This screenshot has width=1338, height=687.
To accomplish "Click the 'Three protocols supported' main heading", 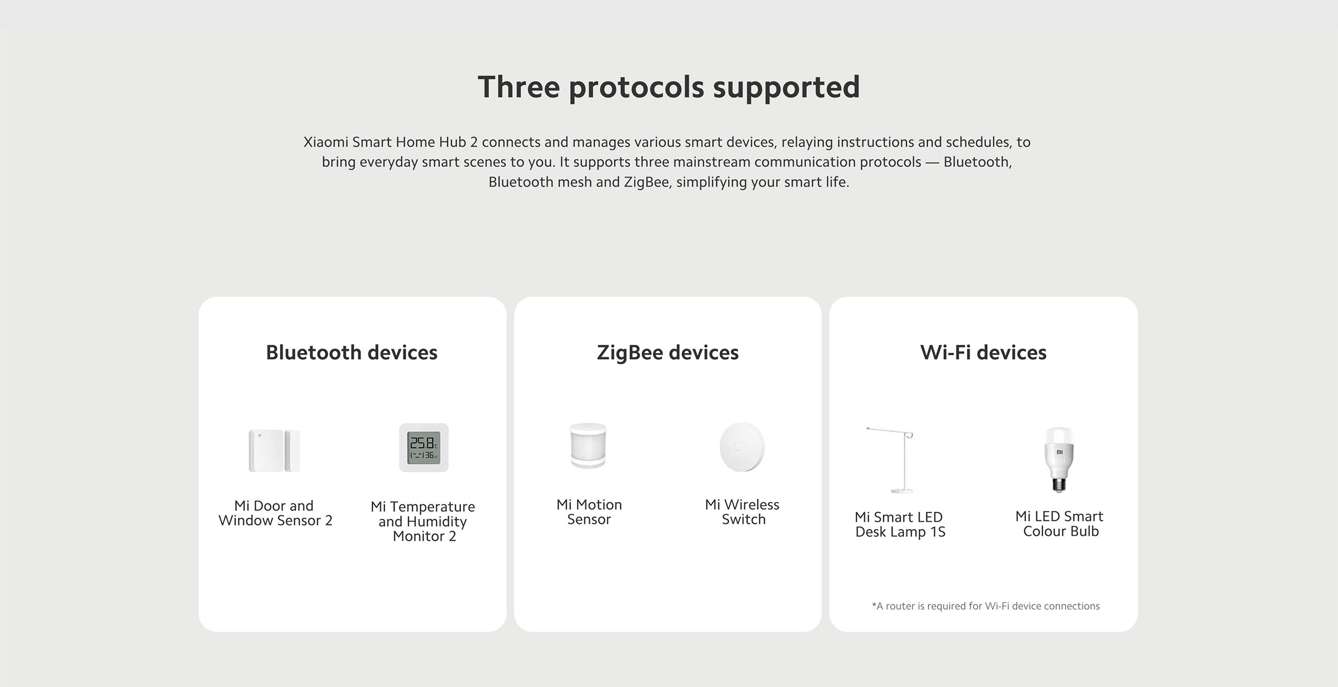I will (668, 87).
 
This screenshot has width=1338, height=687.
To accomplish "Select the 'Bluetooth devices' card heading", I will (352, 353).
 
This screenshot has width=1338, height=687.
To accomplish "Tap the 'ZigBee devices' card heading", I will (667, 353).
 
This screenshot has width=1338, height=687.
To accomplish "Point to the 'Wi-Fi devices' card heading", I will (983, 353).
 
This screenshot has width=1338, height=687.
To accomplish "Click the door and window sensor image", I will (274, 450).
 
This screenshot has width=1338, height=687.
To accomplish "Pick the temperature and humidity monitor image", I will (424, 448).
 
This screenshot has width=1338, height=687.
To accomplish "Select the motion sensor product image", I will (588, 446).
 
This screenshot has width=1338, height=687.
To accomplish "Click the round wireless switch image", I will (742, 447).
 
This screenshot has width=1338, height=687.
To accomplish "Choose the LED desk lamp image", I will (895, 460).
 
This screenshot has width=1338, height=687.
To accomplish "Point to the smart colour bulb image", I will (1059, 459).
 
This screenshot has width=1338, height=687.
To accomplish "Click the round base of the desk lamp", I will (903, 491).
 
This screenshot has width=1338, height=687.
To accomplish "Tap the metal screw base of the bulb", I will (1059, 485).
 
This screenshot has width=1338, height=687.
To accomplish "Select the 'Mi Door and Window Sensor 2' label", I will (275, 513).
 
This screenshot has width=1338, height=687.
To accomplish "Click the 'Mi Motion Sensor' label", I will (589, 512).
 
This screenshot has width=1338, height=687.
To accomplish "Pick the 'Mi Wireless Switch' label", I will (742, 512).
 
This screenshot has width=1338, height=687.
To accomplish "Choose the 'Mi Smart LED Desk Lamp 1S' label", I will (899, 525).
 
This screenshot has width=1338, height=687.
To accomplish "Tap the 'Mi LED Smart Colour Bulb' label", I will (1059, 523).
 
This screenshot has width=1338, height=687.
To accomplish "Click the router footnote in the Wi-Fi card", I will (986, 606).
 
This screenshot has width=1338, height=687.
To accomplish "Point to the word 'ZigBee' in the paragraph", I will (646, 182).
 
